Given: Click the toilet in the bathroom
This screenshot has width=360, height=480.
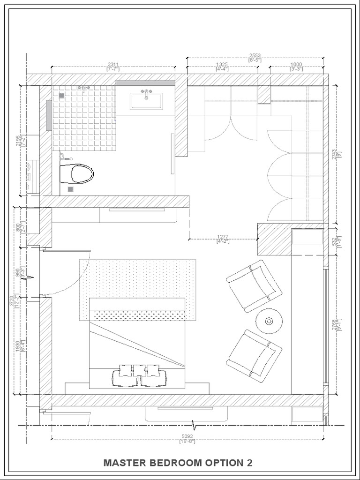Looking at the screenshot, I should tap(77, 174).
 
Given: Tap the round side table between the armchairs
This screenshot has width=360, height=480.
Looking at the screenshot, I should tap(269, 321).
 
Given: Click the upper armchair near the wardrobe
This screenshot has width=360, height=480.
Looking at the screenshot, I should tap(254, 285).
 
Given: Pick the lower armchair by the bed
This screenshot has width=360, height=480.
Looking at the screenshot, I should tap(254, 355).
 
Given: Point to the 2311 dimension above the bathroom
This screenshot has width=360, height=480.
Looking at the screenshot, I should tap(113, 64).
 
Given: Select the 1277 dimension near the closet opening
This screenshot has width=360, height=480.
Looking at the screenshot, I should tap(223, 236).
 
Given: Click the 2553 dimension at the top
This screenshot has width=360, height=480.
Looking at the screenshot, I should tap(255, 55).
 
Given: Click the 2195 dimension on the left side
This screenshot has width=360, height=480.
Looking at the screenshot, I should tap(18, 141).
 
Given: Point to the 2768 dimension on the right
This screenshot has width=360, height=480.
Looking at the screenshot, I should tap(334, 325).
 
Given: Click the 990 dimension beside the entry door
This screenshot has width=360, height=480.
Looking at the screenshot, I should tap(18, 273).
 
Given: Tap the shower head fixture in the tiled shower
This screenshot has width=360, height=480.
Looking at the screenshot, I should tap(83, 88).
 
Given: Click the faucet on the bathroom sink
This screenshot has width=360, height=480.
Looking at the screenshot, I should tap(146, 92).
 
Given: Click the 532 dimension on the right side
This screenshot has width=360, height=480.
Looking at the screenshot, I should tap(334, 242).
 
